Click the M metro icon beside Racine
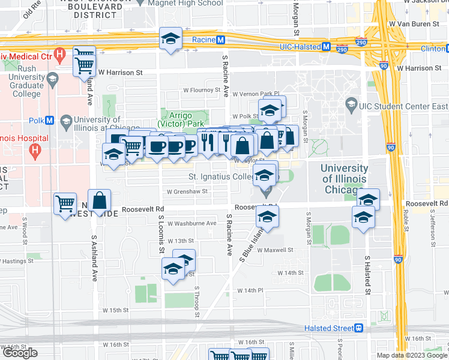pyautogui.click(x=220, y=40)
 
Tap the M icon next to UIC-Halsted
pyautogui.click(x=327, y=46)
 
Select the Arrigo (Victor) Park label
pyautogui.click(x=185, y=119)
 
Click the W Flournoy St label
pyautogui.click(x=202, y=91)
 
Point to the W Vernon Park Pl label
pyautogui.click(x=256, y=94)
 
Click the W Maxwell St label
pyautogui.click(x=275, y=250)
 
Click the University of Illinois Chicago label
pyautogui.click(x=345, y=179)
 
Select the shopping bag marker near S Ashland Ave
pyautogui.click(x=100, y=201)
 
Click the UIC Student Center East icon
pyautogui.click(x=351, y=106)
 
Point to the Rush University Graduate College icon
pyautogui.click(x=52, y=79)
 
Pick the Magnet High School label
pyautogui.click(x=187, y=3)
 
